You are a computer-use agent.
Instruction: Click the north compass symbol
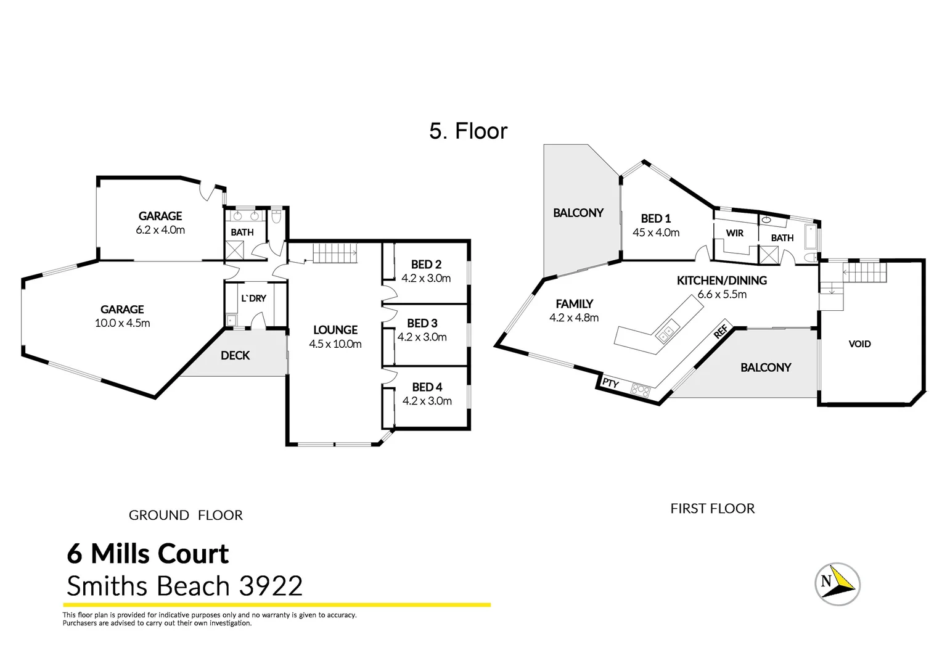837,583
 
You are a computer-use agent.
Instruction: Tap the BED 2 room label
426,265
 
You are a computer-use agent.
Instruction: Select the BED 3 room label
422,323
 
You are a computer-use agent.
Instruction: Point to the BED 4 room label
427,387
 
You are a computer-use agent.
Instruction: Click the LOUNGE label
335,330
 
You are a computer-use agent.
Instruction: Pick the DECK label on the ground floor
235,355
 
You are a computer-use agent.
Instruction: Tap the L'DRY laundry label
253,298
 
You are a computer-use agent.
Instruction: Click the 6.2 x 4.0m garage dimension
160,230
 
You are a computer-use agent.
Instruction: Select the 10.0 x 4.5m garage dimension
122,323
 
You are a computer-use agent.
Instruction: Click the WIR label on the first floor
734,233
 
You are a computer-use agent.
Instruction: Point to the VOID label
859,344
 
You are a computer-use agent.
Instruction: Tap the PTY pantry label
610,384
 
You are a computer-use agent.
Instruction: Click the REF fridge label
721,333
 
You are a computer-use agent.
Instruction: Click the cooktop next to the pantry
641,389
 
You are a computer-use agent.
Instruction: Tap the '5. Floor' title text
468,131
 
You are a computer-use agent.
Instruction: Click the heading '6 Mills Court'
148,554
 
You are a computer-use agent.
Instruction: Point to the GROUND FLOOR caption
186,515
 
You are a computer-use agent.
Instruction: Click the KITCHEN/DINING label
721,281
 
